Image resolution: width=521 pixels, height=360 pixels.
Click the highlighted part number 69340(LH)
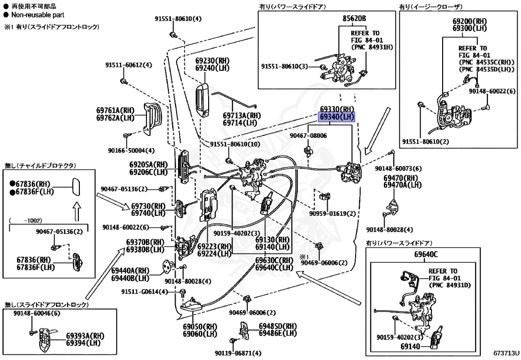click(x=337, y=117)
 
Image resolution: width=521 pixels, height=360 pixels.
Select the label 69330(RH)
click(x=337, y=109)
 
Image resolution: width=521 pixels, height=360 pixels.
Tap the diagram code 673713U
click(x=505, y=352)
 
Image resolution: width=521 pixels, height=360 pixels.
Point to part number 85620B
click(x=354, y=18)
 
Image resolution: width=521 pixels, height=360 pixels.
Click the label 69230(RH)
click(x=212, y=60)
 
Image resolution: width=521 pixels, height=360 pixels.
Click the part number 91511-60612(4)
click(x=129, y=65)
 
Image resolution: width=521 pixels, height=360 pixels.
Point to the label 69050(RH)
click(x=200, y=327)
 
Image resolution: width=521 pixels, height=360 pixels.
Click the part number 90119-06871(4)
click(x=238, y=353)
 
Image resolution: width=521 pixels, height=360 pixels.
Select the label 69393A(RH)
click(x=85, y=336)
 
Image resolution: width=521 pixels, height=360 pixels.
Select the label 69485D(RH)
click(x=277, y=326)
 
